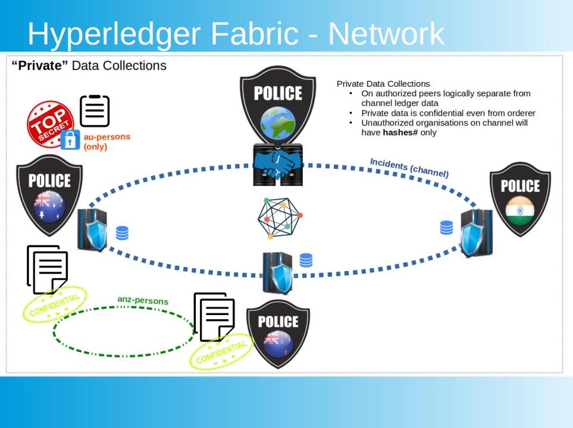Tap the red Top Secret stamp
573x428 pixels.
click(x=51, y=124)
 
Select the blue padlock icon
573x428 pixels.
click(x=71, y=140)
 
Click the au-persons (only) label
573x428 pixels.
click(x=107, y=141)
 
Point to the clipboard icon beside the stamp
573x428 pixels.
click(x=94, y=111)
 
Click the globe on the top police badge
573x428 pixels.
click(x=278, y=123)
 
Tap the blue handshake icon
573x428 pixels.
click(x=278, y=165)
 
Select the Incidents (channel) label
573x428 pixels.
click(x=409, y=168)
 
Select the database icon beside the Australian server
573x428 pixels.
click(x=122, y=232)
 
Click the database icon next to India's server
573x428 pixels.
click(x=446, y=227)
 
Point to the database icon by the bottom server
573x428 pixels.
click(x=306, y=260)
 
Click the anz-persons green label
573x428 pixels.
click(x=143, y=300)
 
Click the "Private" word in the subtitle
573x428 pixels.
click(x=40, y=65)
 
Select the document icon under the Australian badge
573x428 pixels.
click(x=47, y=269)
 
